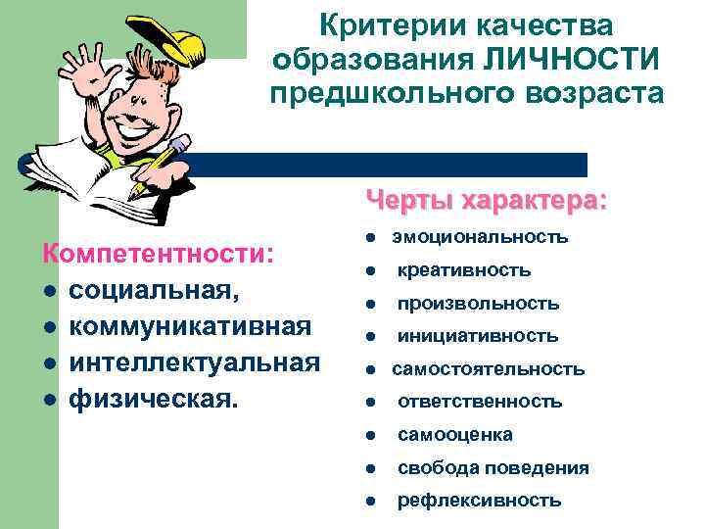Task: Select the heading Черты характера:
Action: (487, 201)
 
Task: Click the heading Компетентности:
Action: (158, 253)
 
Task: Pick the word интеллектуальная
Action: (194, 362)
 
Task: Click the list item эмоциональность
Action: (480, 237)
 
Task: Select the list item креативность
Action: (464, 269)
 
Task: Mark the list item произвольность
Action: (478, 303)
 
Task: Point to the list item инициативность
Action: (478, 336)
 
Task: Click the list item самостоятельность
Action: (489, 369)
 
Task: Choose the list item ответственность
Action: (480, 402)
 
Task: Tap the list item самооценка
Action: (454, 434)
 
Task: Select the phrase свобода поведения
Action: (493, 467)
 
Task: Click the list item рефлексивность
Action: (479, 501)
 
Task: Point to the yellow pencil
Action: (161, 162)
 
